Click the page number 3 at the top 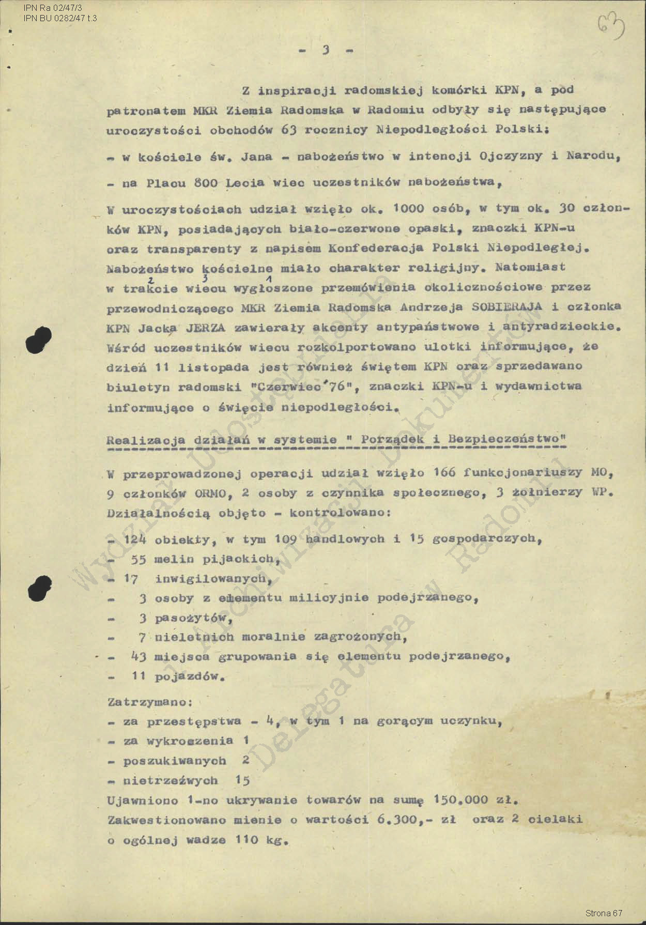[x=326, y=50]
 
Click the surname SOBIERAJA [x=507, y=306]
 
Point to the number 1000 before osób [x=408, y=208]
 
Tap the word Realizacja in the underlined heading [x=146, y=440]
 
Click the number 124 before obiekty [x=135, y=539]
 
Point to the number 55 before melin [x=139, y=560]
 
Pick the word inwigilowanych [x=212, y=579]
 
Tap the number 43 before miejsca [x=139, y=657]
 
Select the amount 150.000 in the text [x=460, y=800]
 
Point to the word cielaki [x=556, y=819]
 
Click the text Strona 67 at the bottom [x=604, y=913]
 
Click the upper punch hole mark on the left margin [x=40, y=339]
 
